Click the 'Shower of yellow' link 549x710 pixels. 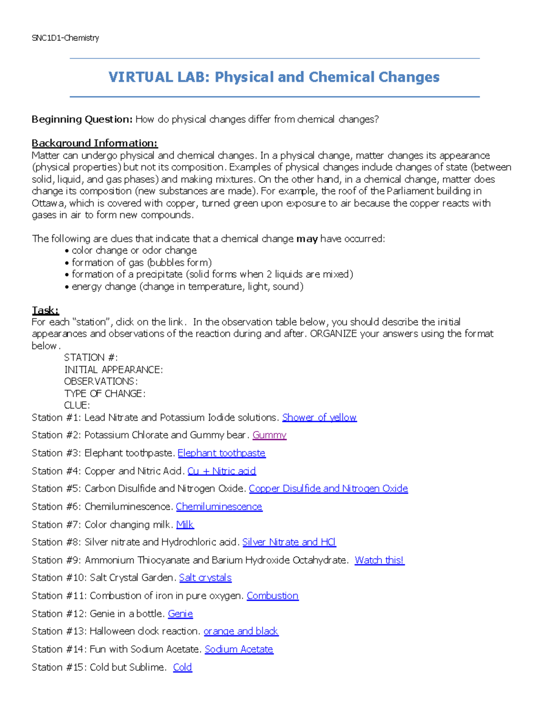click(x=319, y=417)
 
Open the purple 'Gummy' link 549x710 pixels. click(x=269, y=435)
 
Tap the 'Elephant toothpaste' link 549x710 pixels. click(x=221, y=453)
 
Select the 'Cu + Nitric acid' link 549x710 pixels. click(x=221, y=471)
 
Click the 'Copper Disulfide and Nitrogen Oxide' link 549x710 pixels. click(x=328, y=489)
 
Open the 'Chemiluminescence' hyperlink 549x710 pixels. click(x=219, y=507)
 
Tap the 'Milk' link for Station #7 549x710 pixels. click(x=185, y=524)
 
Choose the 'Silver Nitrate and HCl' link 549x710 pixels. click(x=289, y=542)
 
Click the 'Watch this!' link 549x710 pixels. click(x=379, y=560)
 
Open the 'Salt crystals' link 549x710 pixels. click(x=205, y=578)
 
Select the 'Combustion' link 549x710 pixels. click(x=272, y=596)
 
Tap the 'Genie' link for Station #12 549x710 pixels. click(x=180, y=614)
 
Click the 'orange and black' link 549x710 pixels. click(x=241, y=631)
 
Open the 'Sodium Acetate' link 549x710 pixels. click(x=239, y=649)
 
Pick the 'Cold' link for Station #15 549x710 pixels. click(x=182, y=667)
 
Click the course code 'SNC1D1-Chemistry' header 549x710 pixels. click(x=65, y=38)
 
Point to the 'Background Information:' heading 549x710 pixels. click(x=94, y=143)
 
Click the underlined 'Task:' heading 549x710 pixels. click(x=45, y=310)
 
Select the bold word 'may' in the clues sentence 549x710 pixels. click(x=307, y=239)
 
